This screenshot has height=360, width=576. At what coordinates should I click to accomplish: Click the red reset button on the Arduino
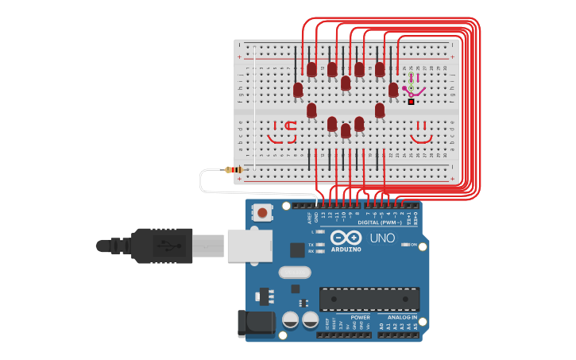(261, 212)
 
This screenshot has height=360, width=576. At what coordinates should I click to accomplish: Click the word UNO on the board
(382, 238)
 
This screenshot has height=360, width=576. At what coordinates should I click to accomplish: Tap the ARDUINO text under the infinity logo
(346, 250)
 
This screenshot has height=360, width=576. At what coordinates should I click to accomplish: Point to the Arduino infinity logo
(346, 238)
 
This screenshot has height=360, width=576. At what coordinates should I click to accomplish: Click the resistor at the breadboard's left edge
(234, 169)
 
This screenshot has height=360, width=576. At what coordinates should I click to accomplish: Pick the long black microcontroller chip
(369, 299)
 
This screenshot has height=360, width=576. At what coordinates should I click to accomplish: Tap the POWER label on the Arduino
(360, 317)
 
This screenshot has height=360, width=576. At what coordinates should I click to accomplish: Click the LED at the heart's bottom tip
(346, 130)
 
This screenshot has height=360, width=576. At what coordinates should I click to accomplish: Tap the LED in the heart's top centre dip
(346, 83)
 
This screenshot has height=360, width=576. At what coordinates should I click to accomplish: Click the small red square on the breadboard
(411, 102)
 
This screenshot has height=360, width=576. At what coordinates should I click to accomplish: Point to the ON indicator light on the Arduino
(405, 245)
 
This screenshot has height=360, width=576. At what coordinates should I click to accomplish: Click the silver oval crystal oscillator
(294, 273)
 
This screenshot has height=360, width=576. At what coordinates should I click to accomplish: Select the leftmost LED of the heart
(298, 90)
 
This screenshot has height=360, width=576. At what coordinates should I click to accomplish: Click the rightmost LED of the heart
(393, 90)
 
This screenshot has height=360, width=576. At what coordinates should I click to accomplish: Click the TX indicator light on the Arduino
(319, 245)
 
